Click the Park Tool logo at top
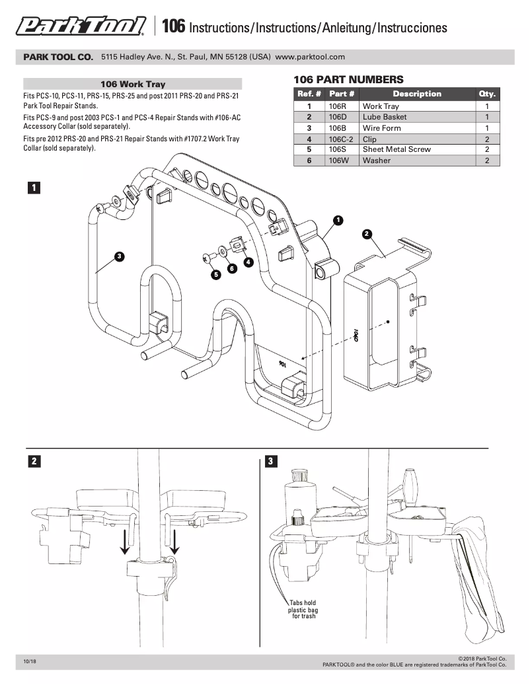click(x=81, y=26)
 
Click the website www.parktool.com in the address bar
click(x=310, y=57)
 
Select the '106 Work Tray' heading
click(x=133, y=84)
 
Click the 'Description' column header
click(x=417, y=94)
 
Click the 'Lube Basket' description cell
click(x=385, y=117)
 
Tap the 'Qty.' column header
click(x=487, y=94)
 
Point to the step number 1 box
click(x=32, y=188)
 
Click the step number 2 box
click(x=33, y=461)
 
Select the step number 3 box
click(x=270, y=461)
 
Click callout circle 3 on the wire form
click(x=119, y=256)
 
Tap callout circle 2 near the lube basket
click(x=366, y=234)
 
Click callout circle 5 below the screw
click(x=215, y=274)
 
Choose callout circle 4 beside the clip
click(x=248, y=262)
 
